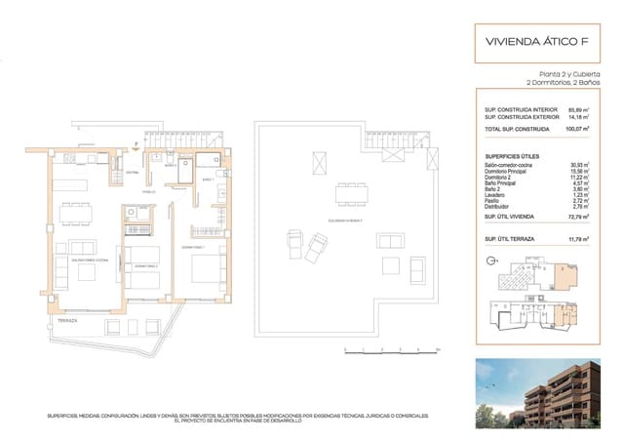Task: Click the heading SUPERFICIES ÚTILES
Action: point(515,156)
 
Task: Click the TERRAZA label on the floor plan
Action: point(66,320)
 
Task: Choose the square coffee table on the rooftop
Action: point(389,264)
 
